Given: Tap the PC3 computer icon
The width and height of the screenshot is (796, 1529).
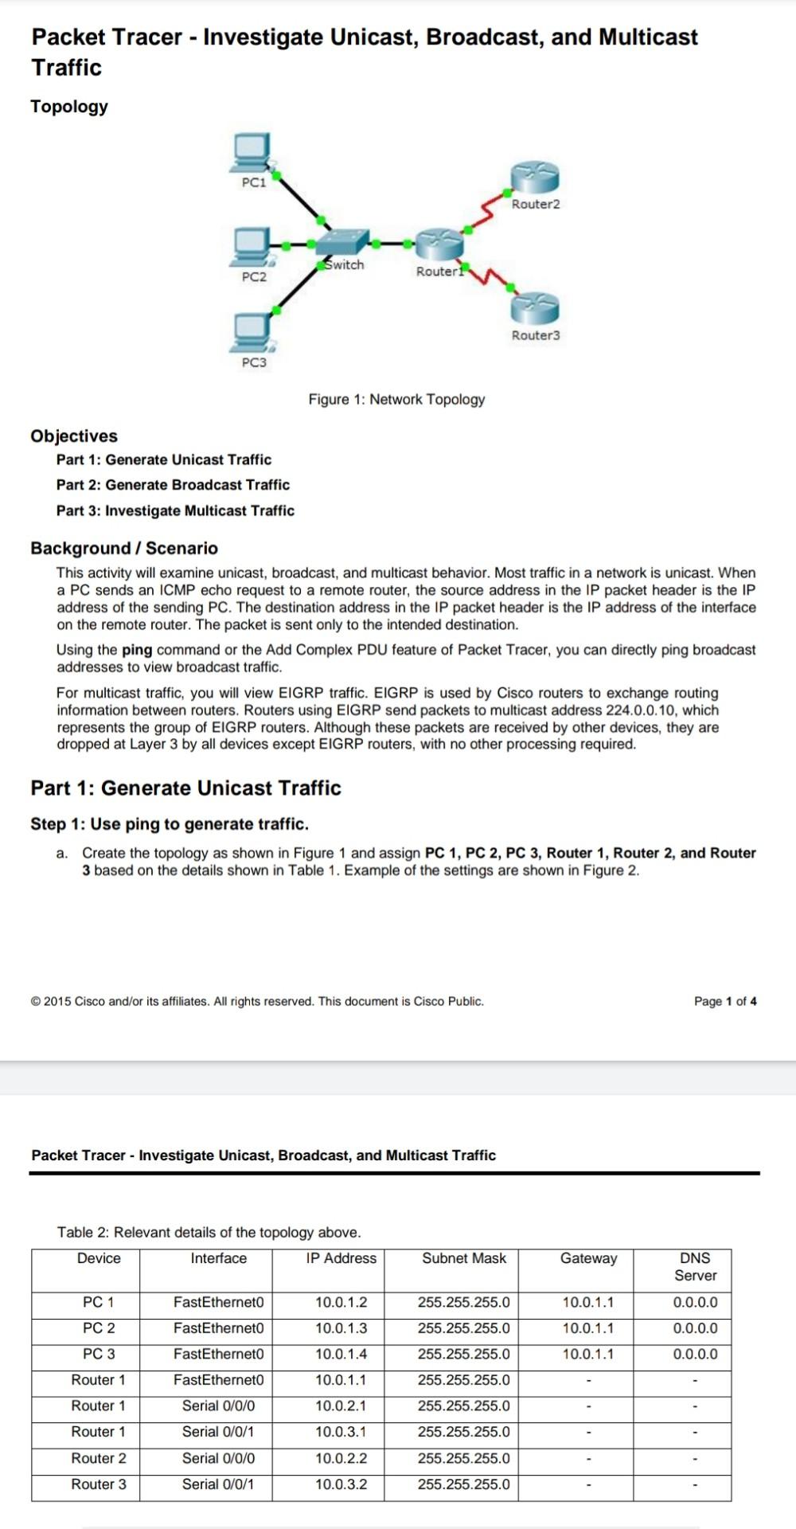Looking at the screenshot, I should (252, 332).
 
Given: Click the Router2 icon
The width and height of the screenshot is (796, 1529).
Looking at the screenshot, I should (535, 176).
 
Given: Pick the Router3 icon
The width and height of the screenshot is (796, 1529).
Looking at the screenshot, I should (535, 307).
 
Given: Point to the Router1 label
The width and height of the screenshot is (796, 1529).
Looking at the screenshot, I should (439, 272).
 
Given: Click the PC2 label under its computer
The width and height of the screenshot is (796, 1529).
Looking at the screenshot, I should (254, 277).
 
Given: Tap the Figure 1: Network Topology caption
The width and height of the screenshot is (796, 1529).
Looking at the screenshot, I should (396, 399).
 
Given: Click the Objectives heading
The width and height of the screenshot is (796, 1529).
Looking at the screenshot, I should (74, 436).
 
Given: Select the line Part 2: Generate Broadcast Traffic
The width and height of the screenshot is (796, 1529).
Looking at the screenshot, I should (173, 485).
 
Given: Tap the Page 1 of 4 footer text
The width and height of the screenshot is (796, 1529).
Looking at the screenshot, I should (724, 1001).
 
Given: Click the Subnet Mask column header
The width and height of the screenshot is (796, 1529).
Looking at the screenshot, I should (463, 1258).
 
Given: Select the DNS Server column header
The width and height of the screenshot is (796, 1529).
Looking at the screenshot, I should (695, 1266).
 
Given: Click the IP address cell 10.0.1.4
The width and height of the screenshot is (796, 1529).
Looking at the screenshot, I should (341, 1354).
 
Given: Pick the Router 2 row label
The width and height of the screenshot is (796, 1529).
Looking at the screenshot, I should (99, 1458).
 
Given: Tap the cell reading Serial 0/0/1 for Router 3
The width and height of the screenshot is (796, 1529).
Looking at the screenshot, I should (218, 1484).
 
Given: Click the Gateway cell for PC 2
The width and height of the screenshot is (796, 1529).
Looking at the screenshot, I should (587, 1328).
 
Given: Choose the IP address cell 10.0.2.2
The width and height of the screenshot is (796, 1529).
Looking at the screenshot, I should (341, 1458).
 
